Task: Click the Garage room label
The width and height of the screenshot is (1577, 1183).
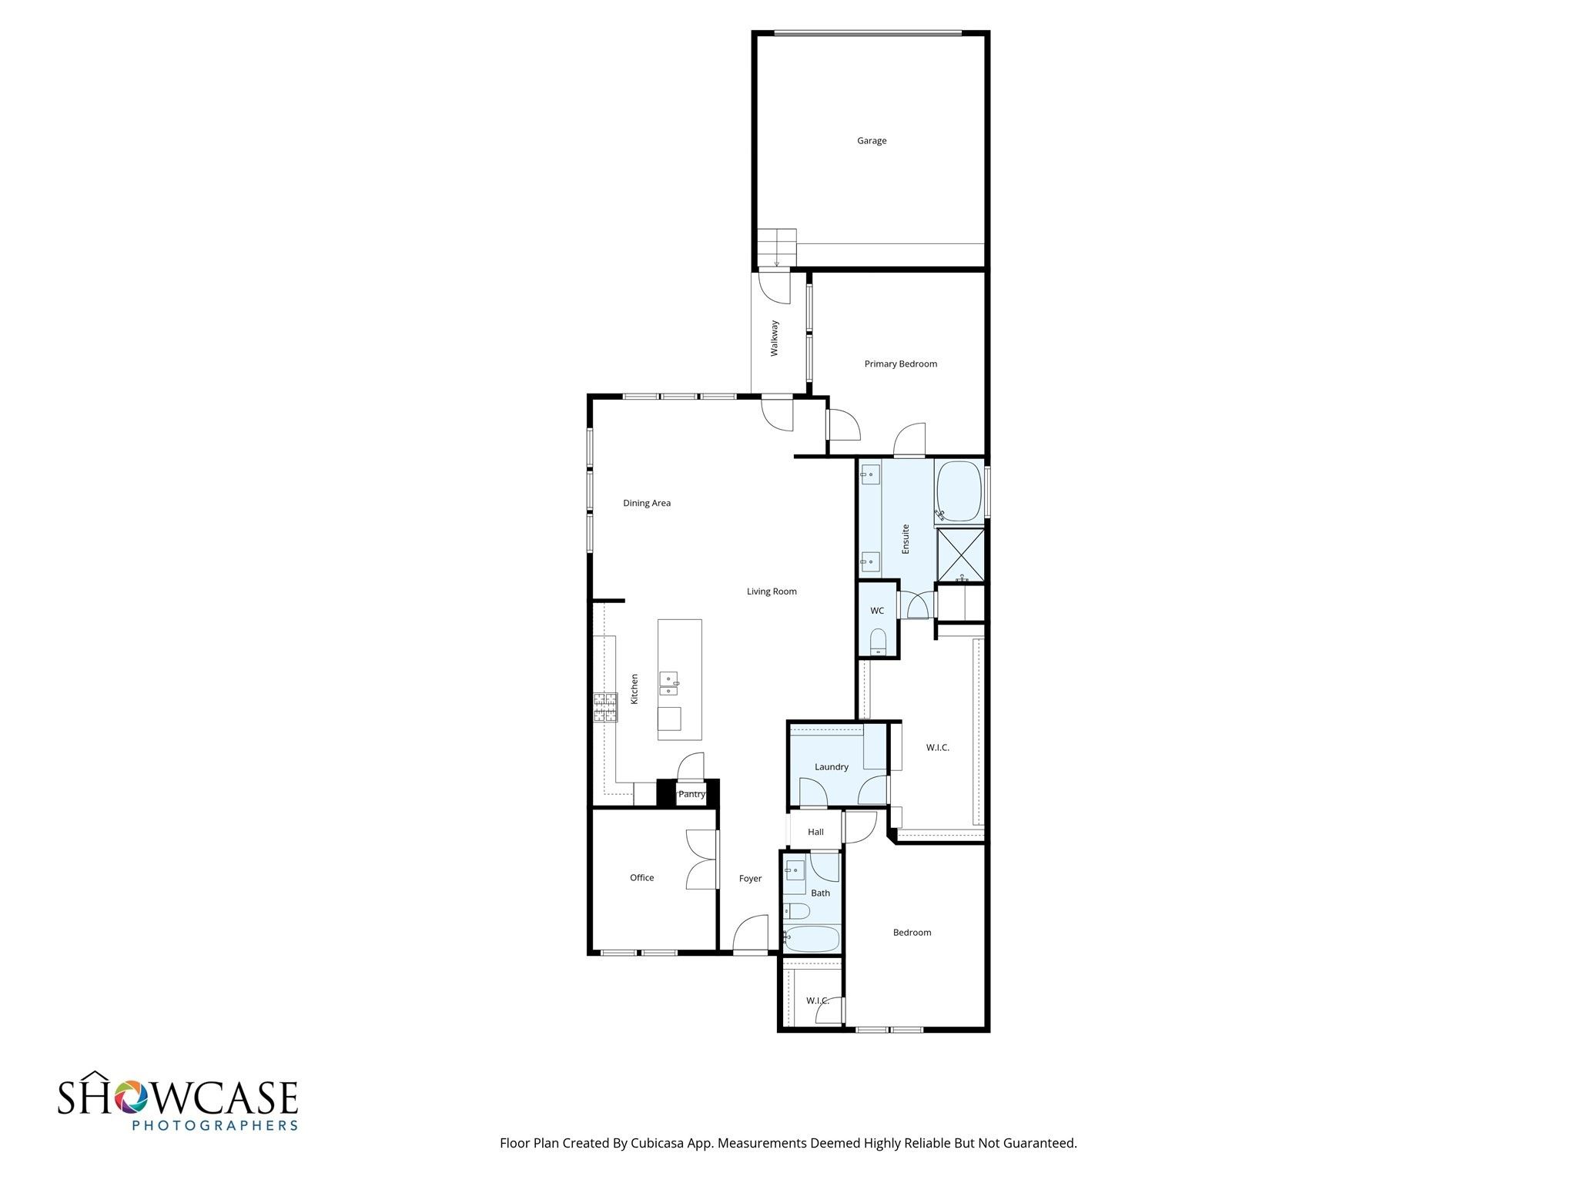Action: tap(872, 141)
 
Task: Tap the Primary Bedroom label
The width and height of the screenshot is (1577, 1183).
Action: tap(900, 364)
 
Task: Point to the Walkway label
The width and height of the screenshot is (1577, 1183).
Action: tap(775, 338)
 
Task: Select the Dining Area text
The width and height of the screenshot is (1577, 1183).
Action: tap(647, 503)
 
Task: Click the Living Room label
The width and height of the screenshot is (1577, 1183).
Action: tap(772, 591)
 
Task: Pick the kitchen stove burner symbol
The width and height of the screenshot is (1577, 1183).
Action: tap(605, 707)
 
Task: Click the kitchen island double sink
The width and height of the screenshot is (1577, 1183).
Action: tap(669, 683)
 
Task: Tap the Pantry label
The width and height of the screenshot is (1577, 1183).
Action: tap(691, 794)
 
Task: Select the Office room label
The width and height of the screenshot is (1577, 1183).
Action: tap(641, 877)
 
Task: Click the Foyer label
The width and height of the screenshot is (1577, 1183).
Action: tap(750, 878)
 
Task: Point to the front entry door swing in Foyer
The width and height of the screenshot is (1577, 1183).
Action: tap(751, 933)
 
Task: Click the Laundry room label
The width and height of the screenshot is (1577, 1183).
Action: tap(831, 766)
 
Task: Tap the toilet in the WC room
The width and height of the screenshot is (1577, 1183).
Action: tap(879, 642)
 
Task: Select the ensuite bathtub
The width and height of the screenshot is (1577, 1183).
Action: tap(959, 492)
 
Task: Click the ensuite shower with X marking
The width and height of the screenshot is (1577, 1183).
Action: tap(960, 555)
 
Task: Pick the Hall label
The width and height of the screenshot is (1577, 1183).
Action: tap(815, 832)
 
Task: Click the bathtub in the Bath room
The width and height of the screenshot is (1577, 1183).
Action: tap(812, 939)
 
